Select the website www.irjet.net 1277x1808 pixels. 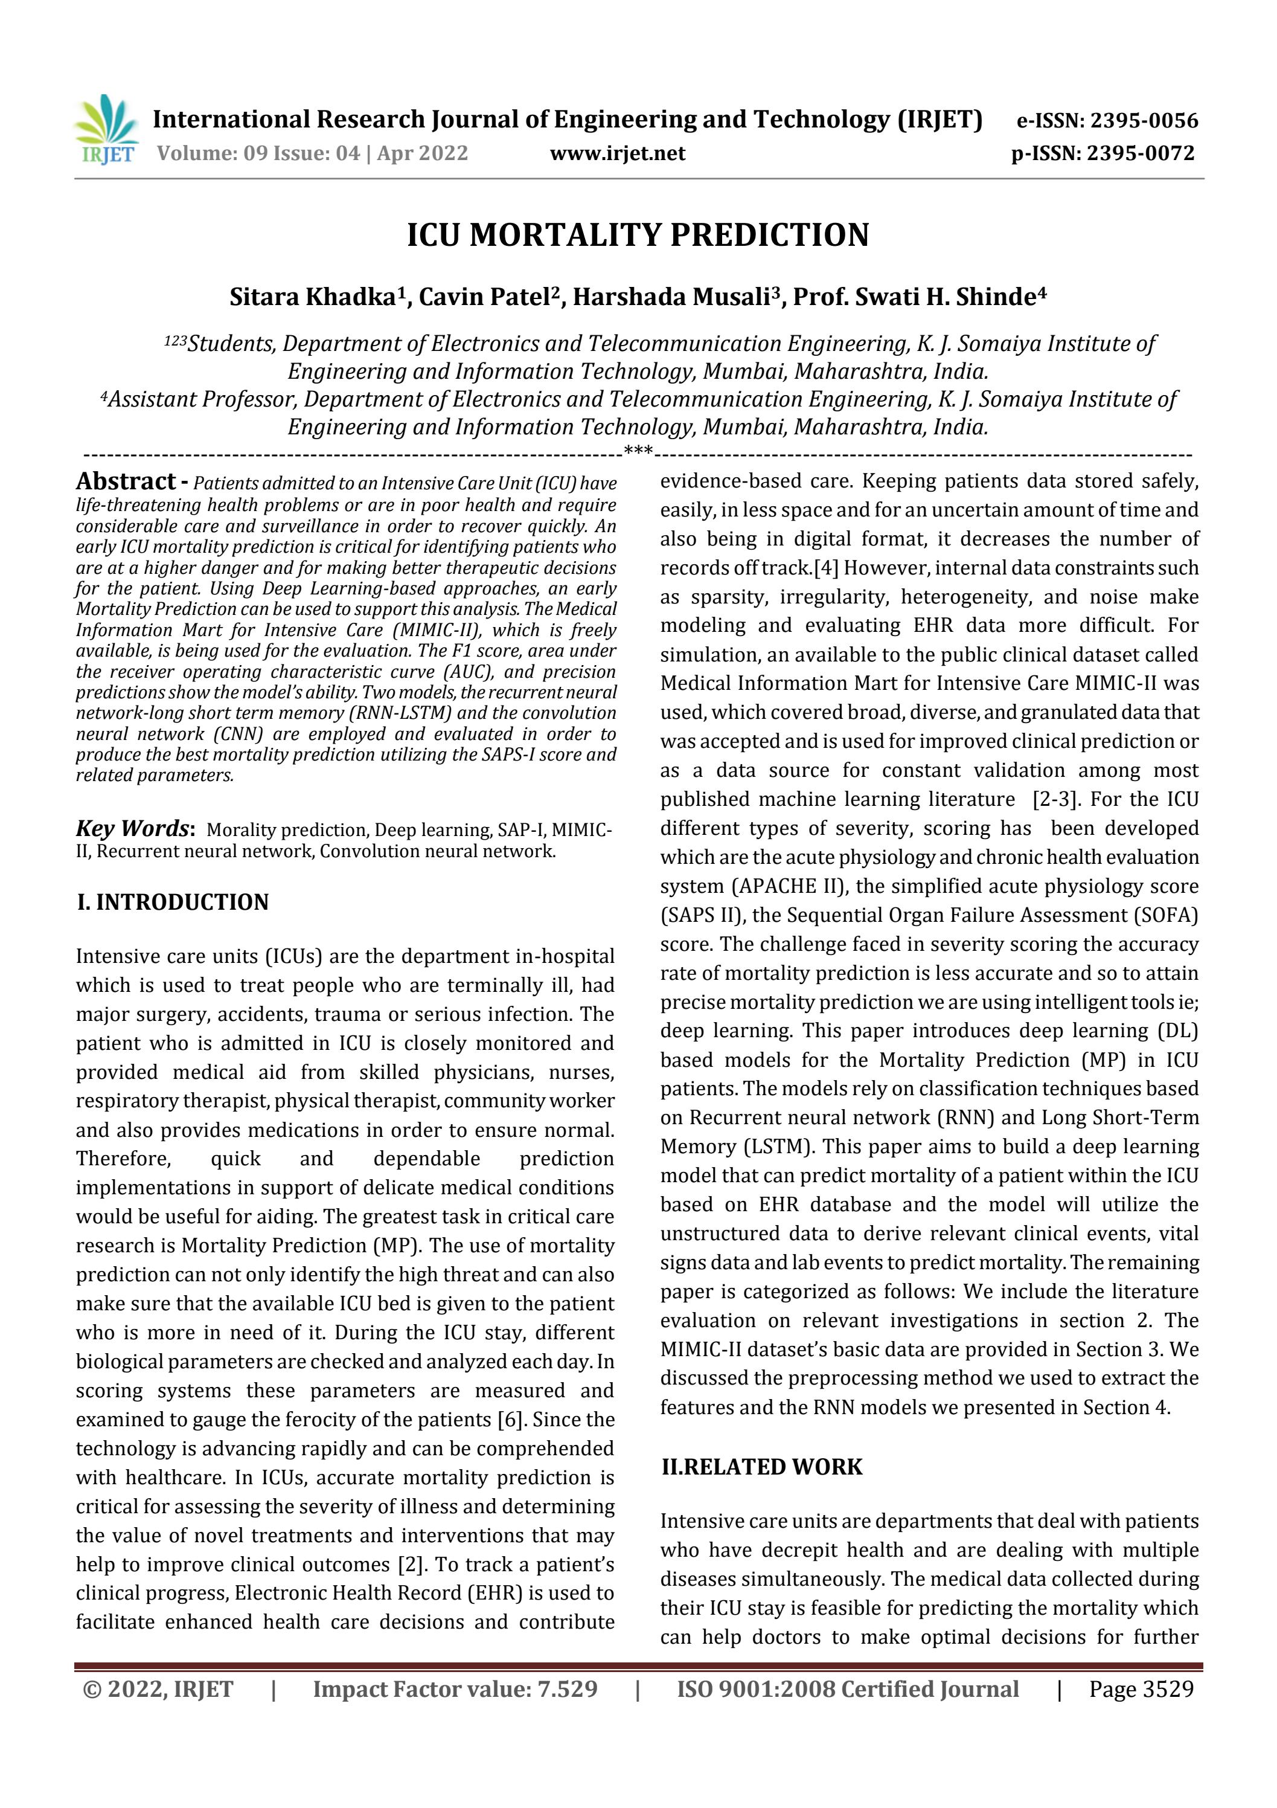pyautogui.click(x=617, y=153)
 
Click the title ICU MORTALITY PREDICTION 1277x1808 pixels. pyautogui.click(x=638, y=236)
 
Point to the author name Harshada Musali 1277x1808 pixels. pyautogui.click(x=671, y=298)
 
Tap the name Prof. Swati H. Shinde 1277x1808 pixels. pyautogui.click(x=914, y=298)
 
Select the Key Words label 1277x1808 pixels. pyautogui.click(x=132, y=829)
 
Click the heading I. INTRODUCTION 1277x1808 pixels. pyautogui.click(x=173, y=902)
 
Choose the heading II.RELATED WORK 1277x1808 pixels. pyautogui.click(x=761, y=1467)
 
